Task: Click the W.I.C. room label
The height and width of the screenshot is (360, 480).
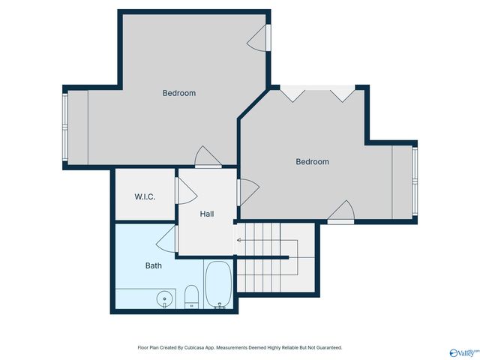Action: coord(145,196)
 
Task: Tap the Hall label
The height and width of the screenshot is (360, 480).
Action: coord(207,214)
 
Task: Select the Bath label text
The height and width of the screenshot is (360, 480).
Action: coord(153,265)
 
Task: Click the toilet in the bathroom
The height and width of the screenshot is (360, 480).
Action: coord(191,296)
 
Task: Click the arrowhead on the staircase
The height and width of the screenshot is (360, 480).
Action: coord(238,241)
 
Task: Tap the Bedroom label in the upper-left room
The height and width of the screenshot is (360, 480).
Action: coord(179,93)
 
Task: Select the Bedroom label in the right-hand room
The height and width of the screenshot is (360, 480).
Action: coord(312,161)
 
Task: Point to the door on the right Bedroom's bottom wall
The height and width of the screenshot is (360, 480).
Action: coord(341,213)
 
